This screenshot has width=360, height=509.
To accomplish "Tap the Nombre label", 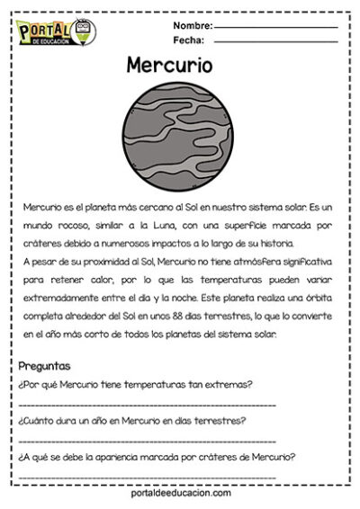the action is [192, 25].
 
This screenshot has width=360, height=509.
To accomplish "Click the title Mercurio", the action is [169, 66].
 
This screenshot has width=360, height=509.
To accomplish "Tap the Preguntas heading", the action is [44, 366].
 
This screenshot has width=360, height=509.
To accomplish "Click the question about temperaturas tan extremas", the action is [135, 384].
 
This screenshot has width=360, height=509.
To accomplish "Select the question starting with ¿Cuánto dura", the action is [132, 420].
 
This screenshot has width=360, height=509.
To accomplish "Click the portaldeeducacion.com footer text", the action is [179, 493].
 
